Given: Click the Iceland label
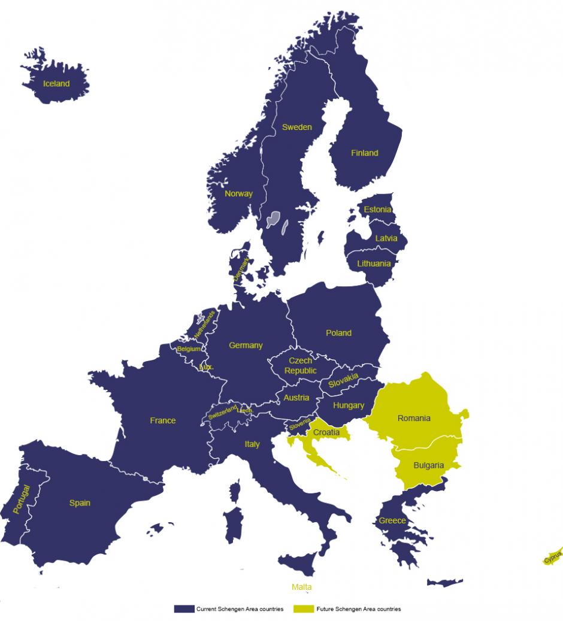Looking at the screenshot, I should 56,84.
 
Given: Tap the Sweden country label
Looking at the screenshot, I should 297,127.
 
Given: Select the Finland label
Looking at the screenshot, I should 364,153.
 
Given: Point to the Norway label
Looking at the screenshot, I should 238,193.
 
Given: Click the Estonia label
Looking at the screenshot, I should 377,210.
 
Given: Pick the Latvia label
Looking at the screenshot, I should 386,238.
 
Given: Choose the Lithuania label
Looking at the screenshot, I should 374,263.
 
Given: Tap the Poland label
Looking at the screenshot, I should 338,333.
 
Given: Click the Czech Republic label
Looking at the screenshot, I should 301,366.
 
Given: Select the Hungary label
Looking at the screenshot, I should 349,405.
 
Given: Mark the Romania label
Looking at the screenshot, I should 414,418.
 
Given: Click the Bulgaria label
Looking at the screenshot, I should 428,465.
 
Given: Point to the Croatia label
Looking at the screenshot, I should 326,432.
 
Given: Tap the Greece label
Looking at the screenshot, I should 392,520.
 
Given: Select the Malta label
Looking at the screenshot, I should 302,587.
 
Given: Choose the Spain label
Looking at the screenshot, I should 80,503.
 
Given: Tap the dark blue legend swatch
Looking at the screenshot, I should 183,609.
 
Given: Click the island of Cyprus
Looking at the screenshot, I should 553,556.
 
